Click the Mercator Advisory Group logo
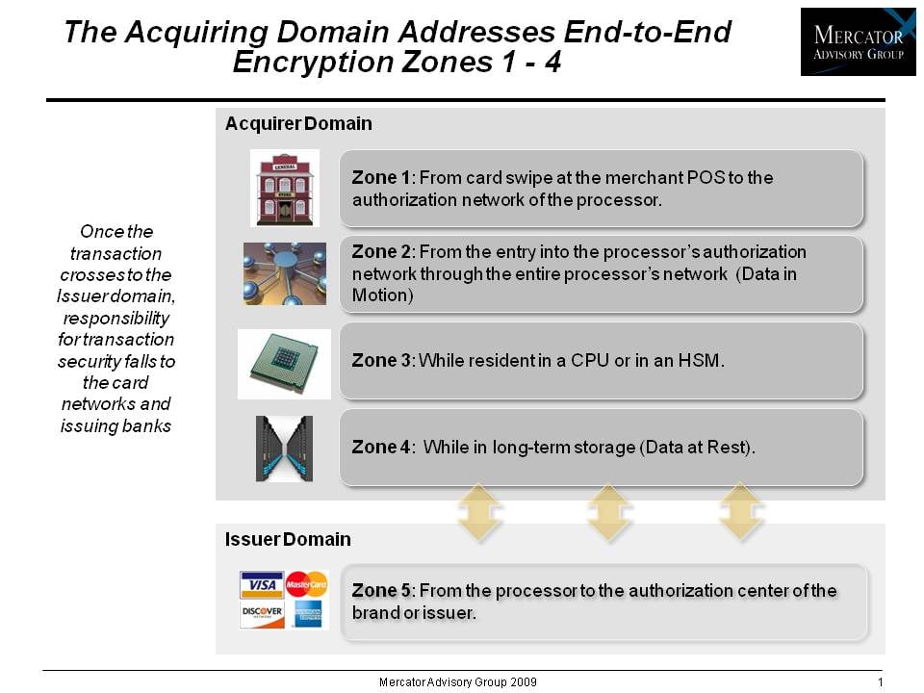(x=858, y=41)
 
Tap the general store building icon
(x=285, y=188)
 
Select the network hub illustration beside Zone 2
(x=285, y=273)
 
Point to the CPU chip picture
(x=284, y=364)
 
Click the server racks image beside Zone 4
(x=284, y=449)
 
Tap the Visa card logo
(x=262, y=584)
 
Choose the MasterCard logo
(x=306, y=584)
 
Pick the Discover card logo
(x=262, y=615)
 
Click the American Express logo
(x=308, y=615)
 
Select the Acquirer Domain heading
(x=298, y=124)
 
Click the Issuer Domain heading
(x=288, y=539)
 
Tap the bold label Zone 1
(x=381, y=177)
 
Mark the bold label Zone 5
(x=381, y=590)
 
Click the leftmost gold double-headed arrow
(x=479, y=512)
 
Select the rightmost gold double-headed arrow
(x=740, y=512)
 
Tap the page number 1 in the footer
(x=881, y=682)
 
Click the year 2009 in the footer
(x=524, y=682)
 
